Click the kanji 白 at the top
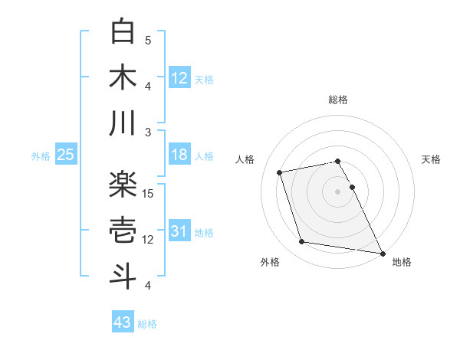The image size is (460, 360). click(x=123, y=31)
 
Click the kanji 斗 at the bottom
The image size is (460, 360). click(x=123, y=277)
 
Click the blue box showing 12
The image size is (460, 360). click(x=179, y=77)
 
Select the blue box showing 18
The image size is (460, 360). click(x=179, y=155)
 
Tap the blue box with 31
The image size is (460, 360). click(x=179, y=232)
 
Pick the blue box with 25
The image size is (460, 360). click(x=65, y=155)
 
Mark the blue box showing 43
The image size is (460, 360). click(x=122, y=322)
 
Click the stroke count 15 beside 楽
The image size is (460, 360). click(x=149, y=194)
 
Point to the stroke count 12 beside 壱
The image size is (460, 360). click(x=149, y=240)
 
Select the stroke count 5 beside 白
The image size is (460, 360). click(x=149, y=41)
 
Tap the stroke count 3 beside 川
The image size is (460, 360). click(x=149, y=133)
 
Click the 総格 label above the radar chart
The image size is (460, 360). click(x=338, y=100)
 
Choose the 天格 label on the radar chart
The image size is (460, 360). click(x=431, y=159)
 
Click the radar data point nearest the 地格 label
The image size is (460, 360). click(x=382, y=252)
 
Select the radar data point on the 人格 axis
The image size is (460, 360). click(x=280, y=172)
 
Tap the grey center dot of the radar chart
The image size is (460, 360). click(x=338, y=191)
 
